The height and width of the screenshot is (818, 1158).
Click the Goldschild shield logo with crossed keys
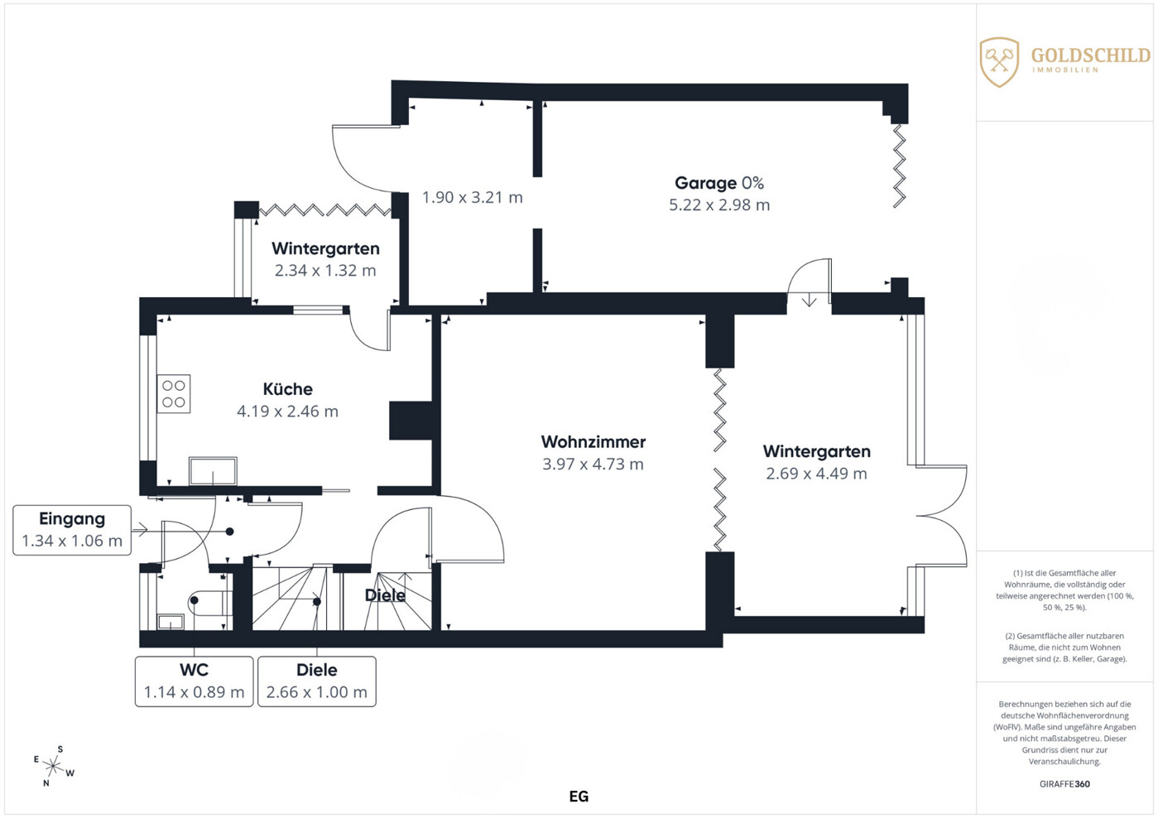click(999, 62)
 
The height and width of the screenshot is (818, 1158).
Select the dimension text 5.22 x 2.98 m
click(719, 204)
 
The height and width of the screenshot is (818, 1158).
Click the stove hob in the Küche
click(174, 393)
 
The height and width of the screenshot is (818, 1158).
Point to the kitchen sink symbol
click(213, 471)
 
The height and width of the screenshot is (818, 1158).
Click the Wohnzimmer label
click(593, 441)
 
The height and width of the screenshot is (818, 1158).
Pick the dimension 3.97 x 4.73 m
click(593, 464)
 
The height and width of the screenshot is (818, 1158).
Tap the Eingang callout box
click(72, 530)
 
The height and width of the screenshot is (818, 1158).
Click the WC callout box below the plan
click(194, 681)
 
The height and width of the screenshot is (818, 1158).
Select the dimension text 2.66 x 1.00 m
click(317, 692)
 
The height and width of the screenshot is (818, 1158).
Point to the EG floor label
click(579, 796)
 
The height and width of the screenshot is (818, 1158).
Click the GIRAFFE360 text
click(1064, 784)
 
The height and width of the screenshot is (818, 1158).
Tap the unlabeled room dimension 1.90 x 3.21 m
click(473, 197)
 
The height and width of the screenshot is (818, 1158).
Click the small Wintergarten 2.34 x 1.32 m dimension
click(325, 271)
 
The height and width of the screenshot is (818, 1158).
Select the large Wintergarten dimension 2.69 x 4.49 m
click(816, 473)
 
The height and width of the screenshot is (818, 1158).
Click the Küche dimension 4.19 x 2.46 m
click(287, 411)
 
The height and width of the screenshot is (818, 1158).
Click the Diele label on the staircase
click(385, 595)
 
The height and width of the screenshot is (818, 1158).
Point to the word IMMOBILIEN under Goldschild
click(1065, 70)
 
